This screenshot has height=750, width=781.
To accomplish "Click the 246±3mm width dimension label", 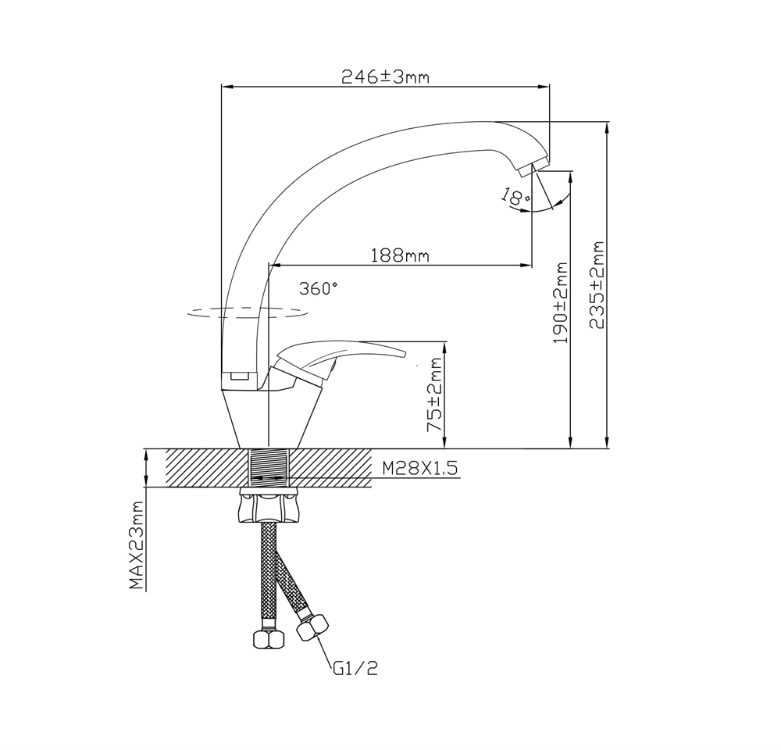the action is pyautogui.click(x=384, y=77).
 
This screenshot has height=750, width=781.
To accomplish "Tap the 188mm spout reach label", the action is pyautogui.click(x=400, y=255).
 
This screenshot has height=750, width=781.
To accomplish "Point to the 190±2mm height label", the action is pyautogui.click(x=562, y=303).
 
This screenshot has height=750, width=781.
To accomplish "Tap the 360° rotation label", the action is pyautogui.click(x=319, y=287).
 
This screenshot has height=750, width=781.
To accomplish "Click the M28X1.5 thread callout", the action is pyautogui.click(x=420, y=469).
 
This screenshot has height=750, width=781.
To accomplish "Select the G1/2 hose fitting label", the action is pyautogui.click(x=355, y=669).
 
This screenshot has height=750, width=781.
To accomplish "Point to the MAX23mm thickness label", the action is pyautogui.click(x=137, y=545).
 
